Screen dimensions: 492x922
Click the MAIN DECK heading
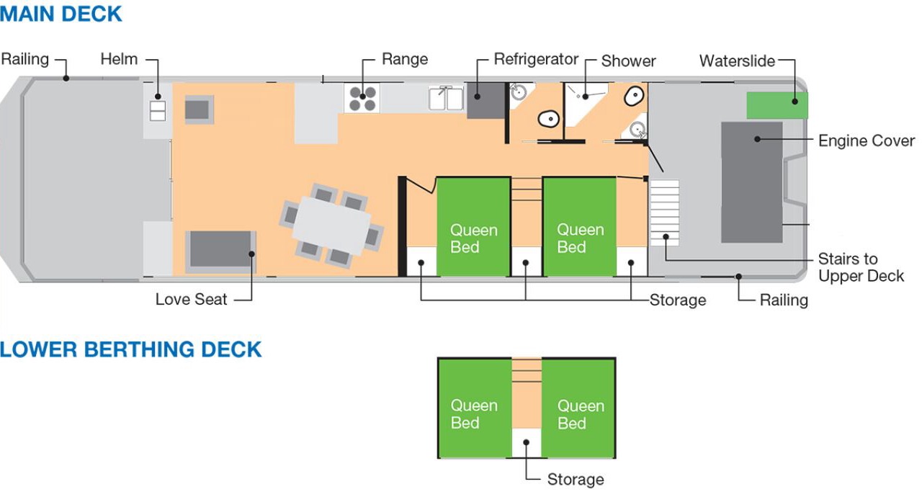[61, 14]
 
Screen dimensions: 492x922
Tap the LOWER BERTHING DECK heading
[130, 349]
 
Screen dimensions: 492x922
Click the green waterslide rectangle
[776, 105]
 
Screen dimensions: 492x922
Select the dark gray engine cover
[751, 182]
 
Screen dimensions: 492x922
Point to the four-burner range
[363, 98]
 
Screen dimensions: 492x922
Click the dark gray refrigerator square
[485, 100]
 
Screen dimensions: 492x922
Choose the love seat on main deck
[220, 251]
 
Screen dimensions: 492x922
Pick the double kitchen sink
[446, 98]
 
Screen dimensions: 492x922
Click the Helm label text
[119, 59]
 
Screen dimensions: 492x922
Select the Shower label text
[628, 61]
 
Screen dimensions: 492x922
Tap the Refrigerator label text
[536, 59]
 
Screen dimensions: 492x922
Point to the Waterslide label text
[737, 61]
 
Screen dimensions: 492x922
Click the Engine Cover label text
[867, 140]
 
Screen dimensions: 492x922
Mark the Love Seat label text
[191, 299]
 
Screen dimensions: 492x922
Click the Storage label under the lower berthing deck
[575, 479]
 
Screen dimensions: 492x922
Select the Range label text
[405, 59]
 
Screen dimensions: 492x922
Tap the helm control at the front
[157, 110]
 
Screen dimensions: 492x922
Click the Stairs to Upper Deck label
[861, 267]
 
